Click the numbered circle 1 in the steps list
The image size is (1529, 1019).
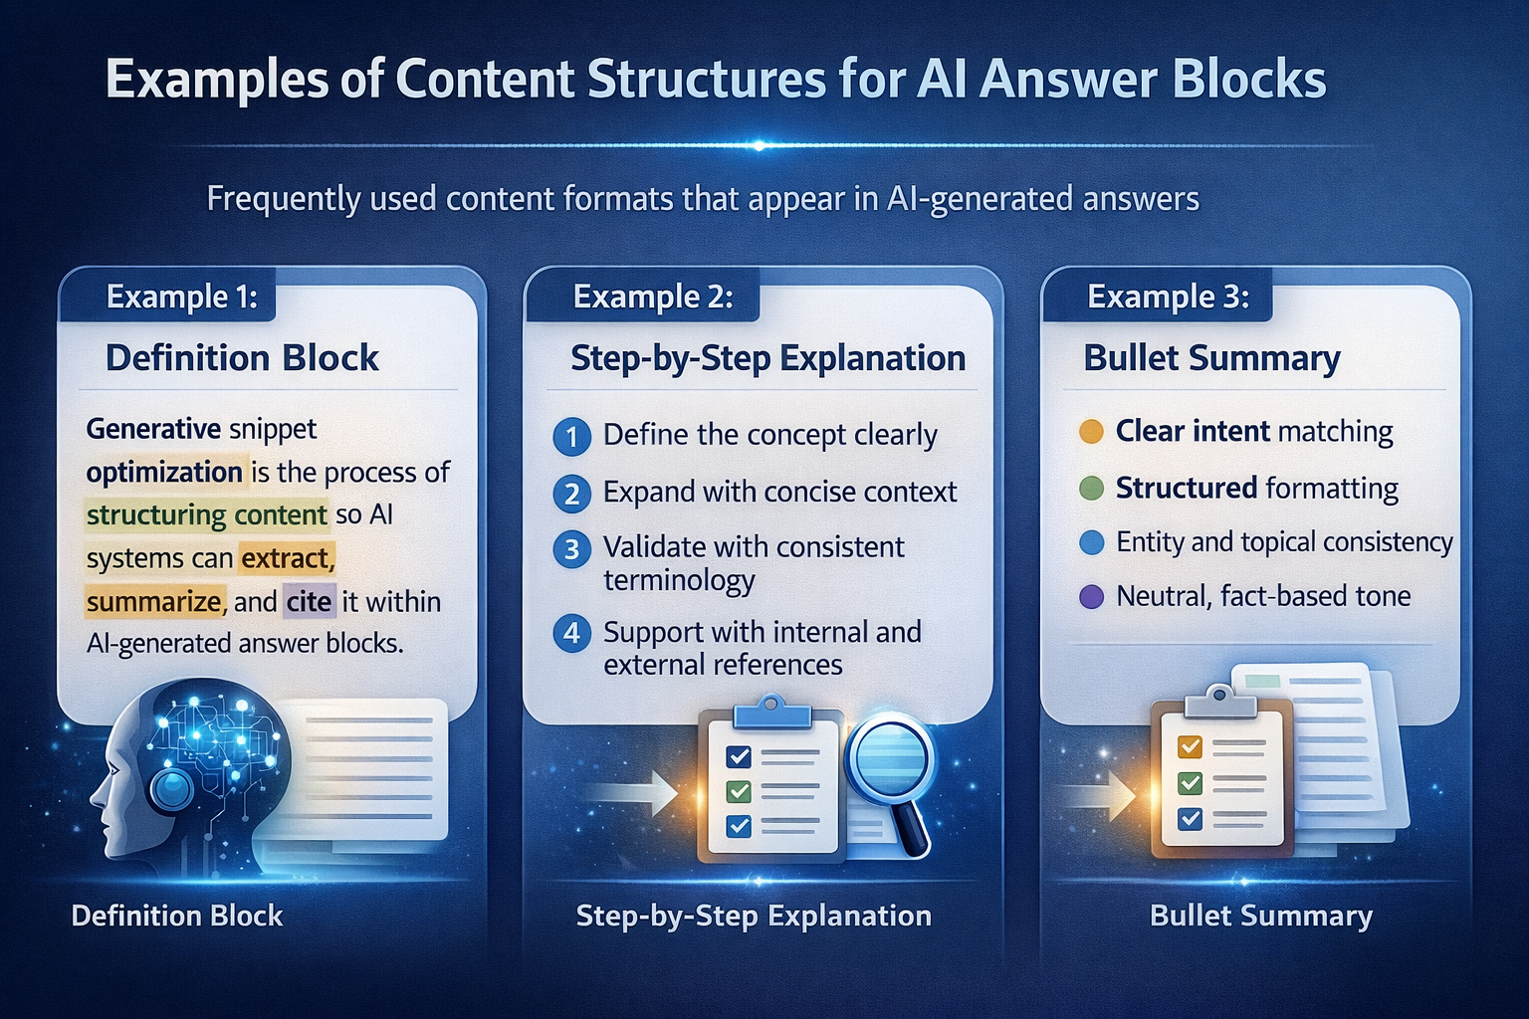tap(571, 436)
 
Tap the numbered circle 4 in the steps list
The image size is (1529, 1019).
tap(571, 633)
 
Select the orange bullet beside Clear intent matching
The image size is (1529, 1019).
tap(1091, 431)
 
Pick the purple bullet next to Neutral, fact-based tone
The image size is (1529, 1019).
tap(1091, 597)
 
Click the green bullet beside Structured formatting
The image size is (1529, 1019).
tap(1091, 488)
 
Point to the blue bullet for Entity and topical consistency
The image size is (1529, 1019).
tap(1091, 542)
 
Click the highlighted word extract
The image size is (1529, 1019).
tap(287, 558)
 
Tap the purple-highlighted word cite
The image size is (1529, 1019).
tap(309, 602)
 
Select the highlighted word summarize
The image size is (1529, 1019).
tap(154, 602)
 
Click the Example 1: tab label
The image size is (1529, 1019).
tap(181, 297)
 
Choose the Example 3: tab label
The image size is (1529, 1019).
tap(1168, 297)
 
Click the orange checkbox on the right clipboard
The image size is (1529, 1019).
tap(1190, 746)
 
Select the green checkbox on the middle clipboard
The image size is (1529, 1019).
tap(739, 792)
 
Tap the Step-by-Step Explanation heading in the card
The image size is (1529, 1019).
tap(767, 358)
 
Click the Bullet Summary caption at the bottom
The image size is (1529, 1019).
tap(1260, 916)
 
